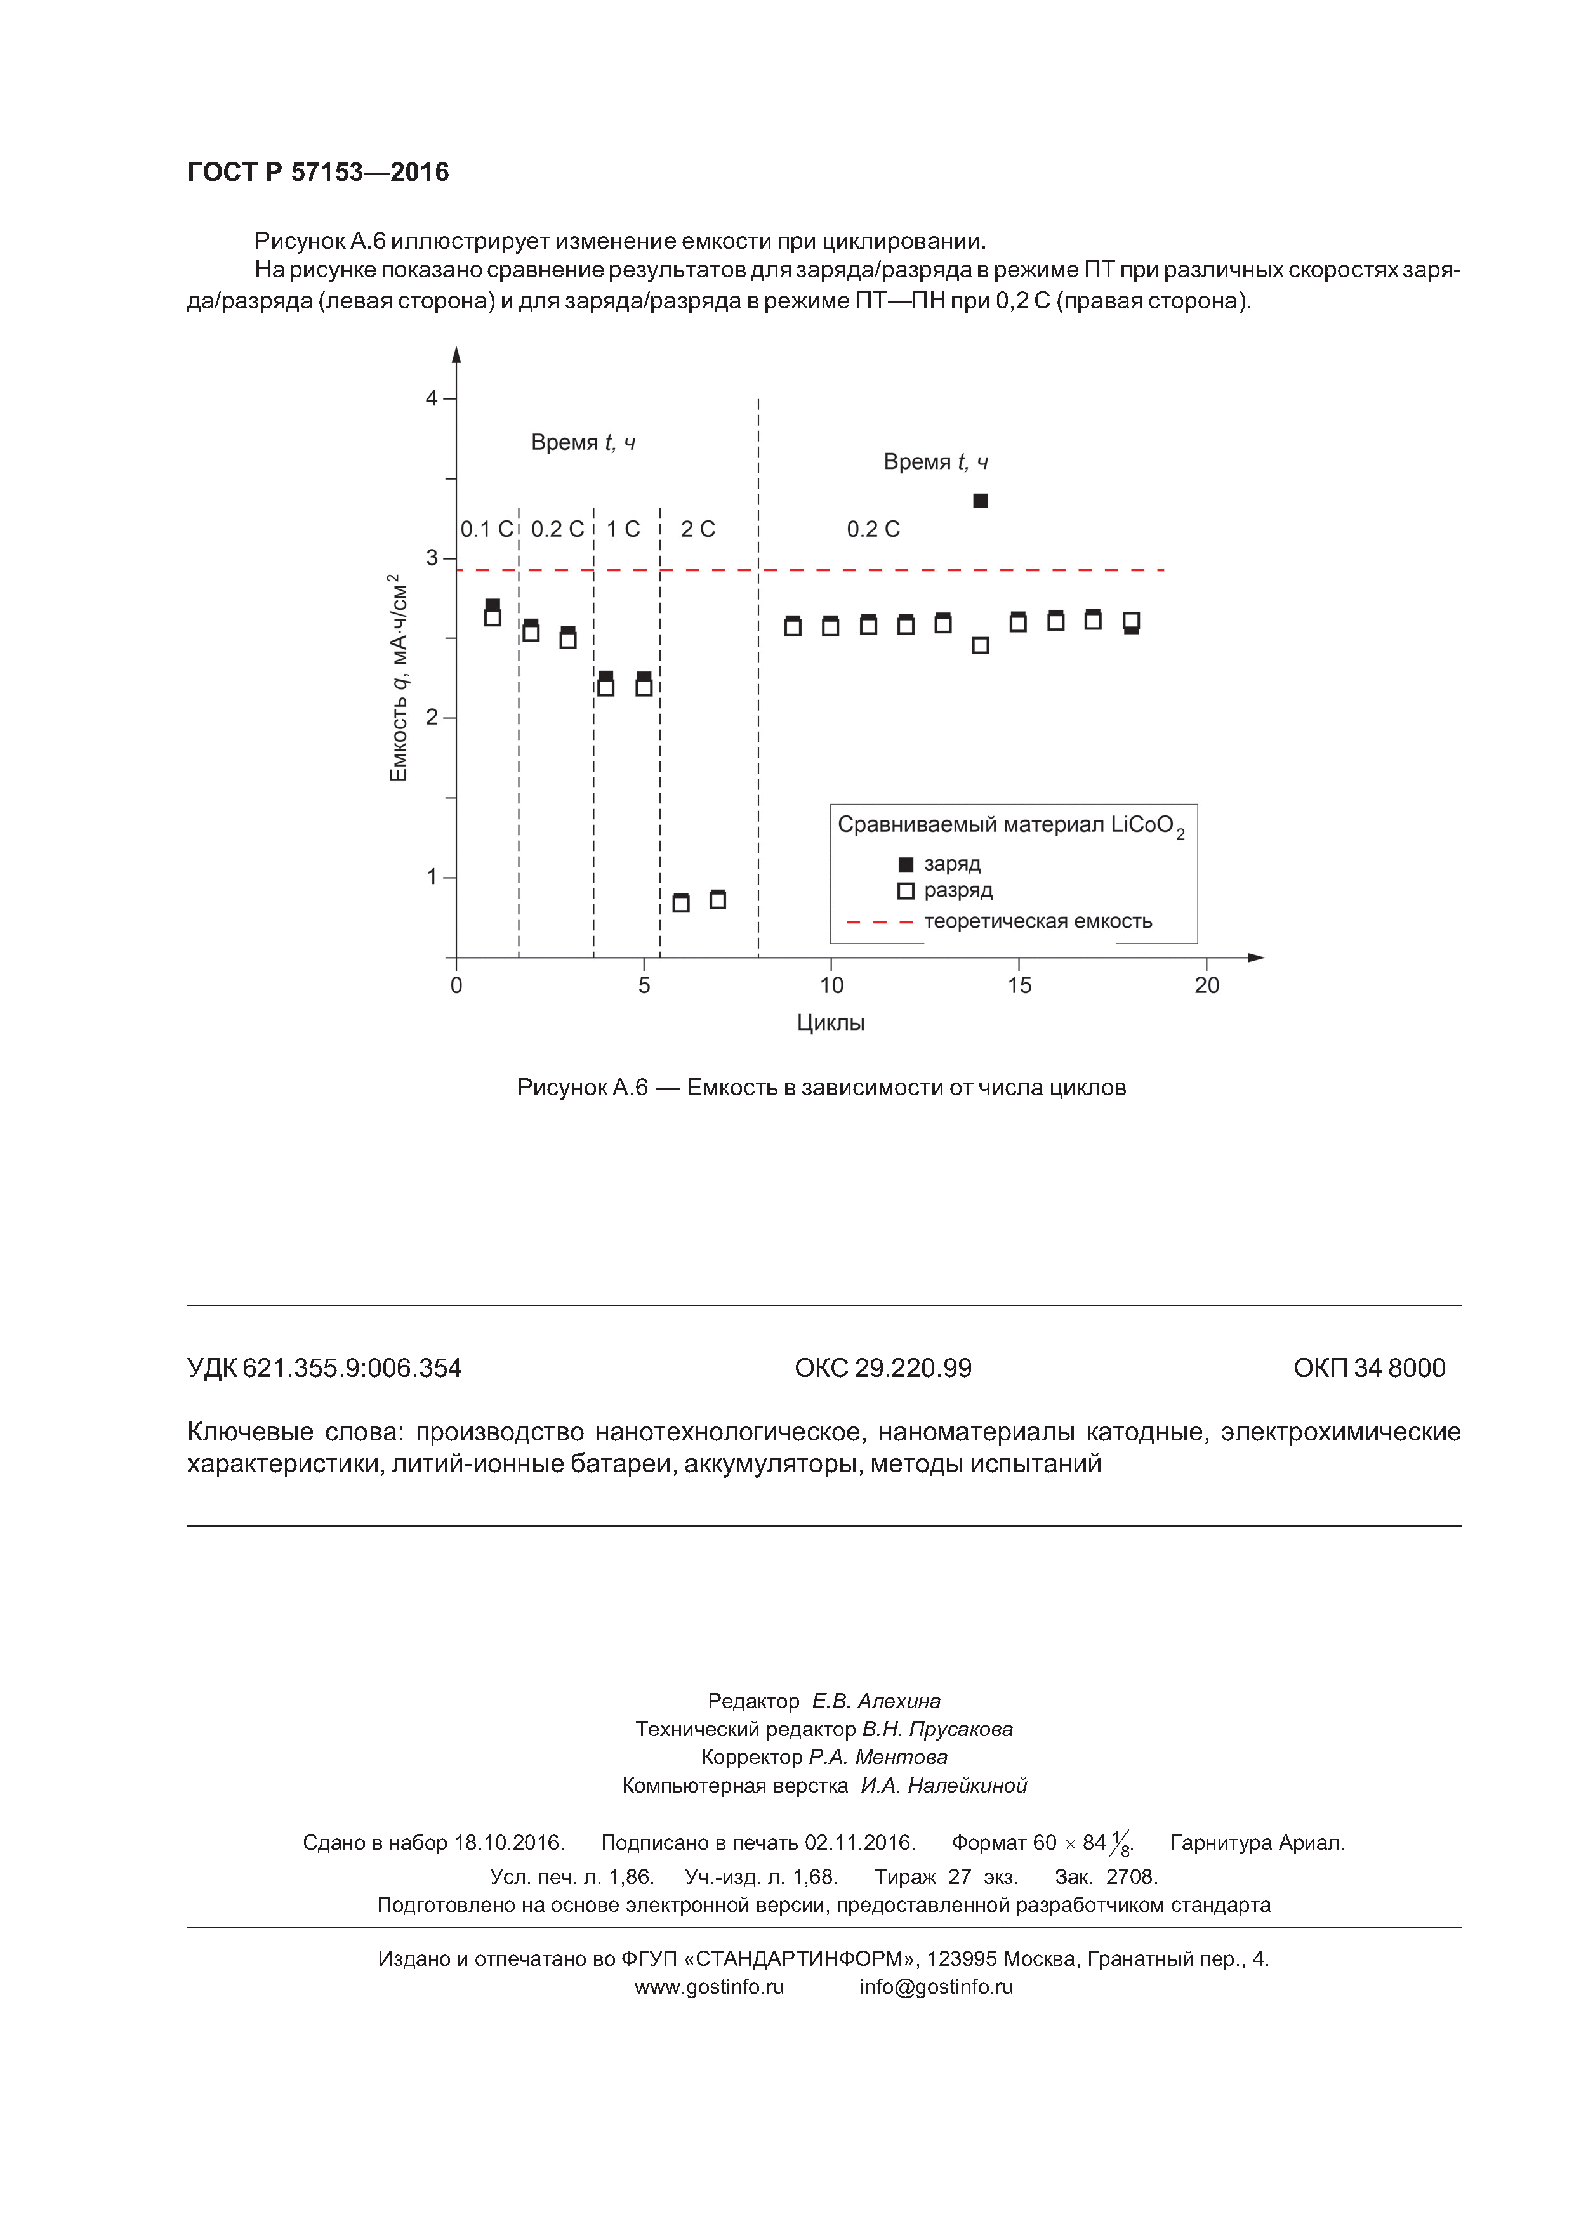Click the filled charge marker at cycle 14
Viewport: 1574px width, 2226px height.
pyautogui.click(x=981, y=500)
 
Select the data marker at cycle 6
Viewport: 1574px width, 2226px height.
pyautogui.click(x=681, y=902)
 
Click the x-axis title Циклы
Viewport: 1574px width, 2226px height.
pyautogui.click(x=830, y=1023)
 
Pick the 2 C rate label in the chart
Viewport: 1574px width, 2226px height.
pyautogui.click(x=698, y=529)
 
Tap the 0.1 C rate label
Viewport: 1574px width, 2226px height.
pyautogui.click(x=486, y=529)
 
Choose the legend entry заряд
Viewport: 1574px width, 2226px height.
pyautogui.click(x=951, y=864)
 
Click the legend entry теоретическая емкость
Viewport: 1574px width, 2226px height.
pyautogui.click(x=1038, y=921)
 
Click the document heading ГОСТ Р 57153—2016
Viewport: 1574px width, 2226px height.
pyautogui.click(x=318, y=173)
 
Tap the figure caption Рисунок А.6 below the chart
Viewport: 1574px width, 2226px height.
pyautogui.click(x=821, y=1088)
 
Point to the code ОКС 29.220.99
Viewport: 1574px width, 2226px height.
pyautogui.click(x=883, y=1368)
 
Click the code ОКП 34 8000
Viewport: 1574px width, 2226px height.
pyautogui.click(x=1370, y=1368)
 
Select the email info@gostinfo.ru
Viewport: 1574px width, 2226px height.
pyautogui.click(x=936, y=1987)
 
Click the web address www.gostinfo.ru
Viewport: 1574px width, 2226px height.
pyautogui.click(x=709, y=1987)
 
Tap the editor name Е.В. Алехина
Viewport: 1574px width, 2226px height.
pyautogui.click(x=876, y=1701)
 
